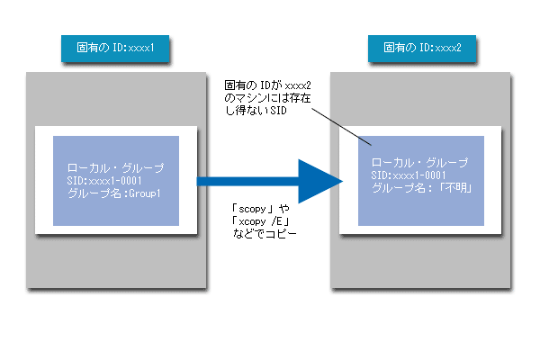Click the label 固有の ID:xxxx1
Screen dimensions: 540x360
coord(115,48)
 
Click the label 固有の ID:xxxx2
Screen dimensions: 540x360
coord(422,48)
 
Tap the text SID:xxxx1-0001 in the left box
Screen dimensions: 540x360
coord(104,181)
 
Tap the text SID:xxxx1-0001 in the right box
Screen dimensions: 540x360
coord(409,175)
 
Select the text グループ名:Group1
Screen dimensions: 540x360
coord(114,193)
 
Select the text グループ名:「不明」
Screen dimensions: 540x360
coord(422,188)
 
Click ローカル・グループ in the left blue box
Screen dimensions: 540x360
coord(116,167)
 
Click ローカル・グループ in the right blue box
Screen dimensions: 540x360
coord(419,162)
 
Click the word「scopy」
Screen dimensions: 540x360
coord(253,209)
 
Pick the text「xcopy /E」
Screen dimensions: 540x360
coord(260,221)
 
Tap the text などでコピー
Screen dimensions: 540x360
coord(265,234)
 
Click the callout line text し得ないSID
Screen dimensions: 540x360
coord(256,111)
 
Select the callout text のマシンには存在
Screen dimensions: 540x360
coord(267,98)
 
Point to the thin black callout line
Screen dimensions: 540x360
coord(342,127)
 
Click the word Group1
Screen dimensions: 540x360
coord(145,193)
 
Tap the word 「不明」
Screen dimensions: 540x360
coord(455,188)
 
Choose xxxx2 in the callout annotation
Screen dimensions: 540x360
coord(298,85)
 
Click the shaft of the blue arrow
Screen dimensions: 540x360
coord(247,181)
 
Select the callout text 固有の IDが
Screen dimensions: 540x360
coord(253,85)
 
